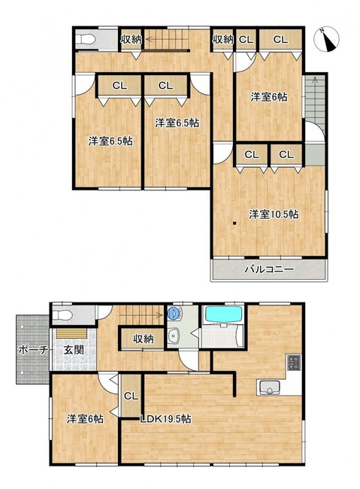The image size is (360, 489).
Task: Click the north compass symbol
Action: [327, 40]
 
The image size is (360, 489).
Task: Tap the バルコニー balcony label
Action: [268, 269]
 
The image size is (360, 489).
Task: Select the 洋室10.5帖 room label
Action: [273, 214]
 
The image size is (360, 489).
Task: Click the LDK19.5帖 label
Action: [165, 418]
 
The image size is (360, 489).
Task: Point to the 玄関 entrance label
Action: [74, 350]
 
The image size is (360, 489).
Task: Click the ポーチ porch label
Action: [33, 350]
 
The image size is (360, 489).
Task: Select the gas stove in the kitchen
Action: [294, 363]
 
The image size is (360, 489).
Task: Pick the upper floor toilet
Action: [85, 39]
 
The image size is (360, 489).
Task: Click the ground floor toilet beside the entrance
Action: [62, 316]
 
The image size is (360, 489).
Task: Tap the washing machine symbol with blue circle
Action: [174, 313]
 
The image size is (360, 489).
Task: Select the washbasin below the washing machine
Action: [173, 336]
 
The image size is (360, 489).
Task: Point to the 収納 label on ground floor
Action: [143, 339]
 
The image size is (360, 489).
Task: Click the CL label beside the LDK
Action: [131, 396]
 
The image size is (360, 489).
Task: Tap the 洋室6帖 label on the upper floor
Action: [268, 97]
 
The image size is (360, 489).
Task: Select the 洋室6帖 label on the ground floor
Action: [85, 418]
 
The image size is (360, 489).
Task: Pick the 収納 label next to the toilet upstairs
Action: [131, 40]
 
